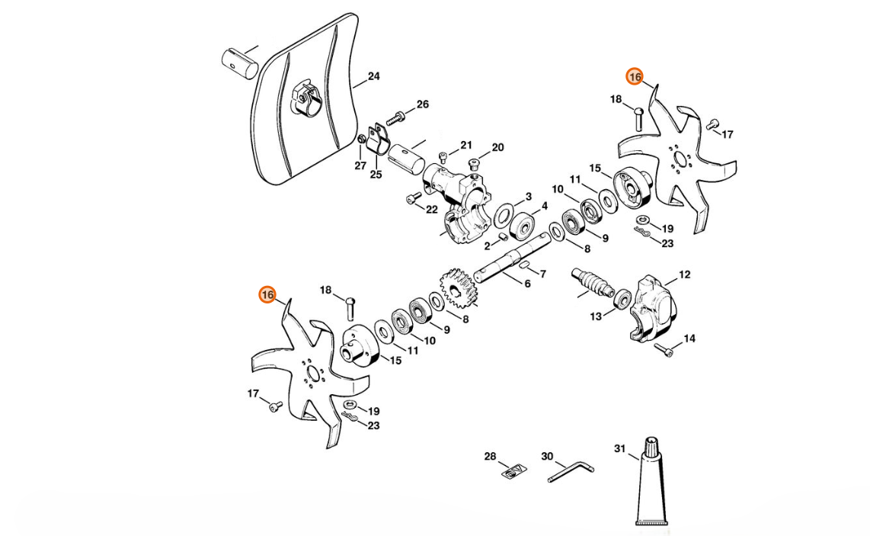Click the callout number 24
[x=373, y=76]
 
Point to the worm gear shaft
[x=593, y=284]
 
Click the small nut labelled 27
[x=362, y=140]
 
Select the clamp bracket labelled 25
[x=377, y=141]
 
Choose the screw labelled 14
[x=664, y=351]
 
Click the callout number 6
[x=526, y=284]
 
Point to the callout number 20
[x=497, y=147]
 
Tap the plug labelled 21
[x=443, y=159]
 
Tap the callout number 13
[x=595, y=315]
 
